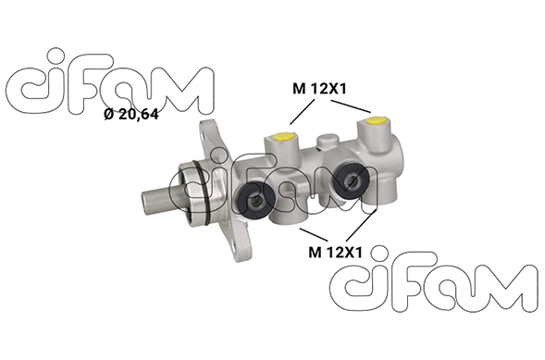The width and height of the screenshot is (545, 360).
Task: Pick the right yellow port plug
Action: (x=376, y=120)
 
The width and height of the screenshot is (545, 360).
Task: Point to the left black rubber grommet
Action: (x=256, y=198)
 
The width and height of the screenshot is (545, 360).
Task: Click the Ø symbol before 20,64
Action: (x=107, y=115)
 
